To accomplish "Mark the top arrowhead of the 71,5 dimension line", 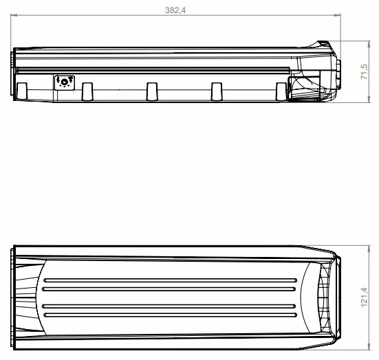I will (x=359, y=43).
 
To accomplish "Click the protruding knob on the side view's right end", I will (x=338, y=72).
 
